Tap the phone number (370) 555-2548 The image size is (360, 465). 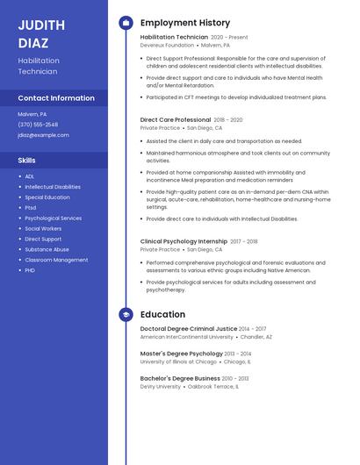pyautogui.click(x=38, y=125)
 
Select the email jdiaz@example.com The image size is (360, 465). pyautogui.click(x=43, y=135)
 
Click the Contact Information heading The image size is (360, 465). pyautogui.click(x=56, y=98)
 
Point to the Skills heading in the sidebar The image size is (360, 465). pyautogui.click(x=27, y=161)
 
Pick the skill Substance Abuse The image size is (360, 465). pyautogui.click(x=47, y=249)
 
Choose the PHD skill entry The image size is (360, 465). pyautogui.click(x=31, y=270)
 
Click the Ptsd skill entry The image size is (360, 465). pyautogui.click(x=31, y=208)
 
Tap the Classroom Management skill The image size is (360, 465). pyautogui.click(x=56, y=260)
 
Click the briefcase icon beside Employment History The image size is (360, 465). pyautogui.click(x=126, y=23)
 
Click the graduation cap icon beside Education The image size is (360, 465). pyautogui.click(x=126, y=314)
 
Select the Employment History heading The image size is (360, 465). pyautogui.click(x=185, y=23)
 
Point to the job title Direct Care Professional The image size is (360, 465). pyautogui.click(x=176, y=119)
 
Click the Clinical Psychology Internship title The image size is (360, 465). pyautogui.click(x=184, y=241)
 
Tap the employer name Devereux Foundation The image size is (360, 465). pyautogui.click(x=168, y=45)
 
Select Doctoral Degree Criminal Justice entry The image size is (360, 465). pyautogui.click(x=189, y=329)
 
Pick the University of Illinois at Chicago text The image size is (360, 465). pyautogui.click(x=178, y=361)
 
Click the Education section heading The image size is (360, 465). pyautogui.click(x=162, y=314)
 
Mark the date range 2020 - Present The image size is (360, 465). pyautogui.click(x=230, y=38)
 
